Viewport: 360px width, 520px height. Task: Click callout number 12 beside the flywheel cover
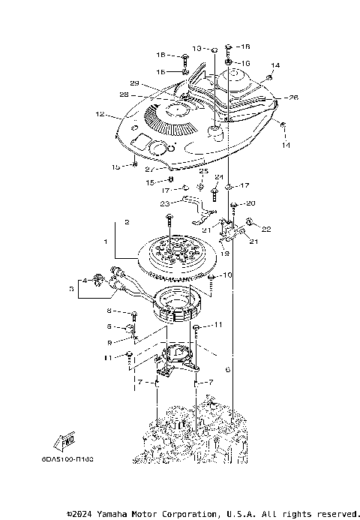(99, 115)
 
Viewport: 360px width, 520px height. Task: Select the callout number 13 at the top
(197, 48)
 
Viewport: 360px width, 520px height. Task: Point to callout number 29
(135, 83)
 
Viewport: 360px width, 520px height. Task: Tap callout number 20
(251, 203)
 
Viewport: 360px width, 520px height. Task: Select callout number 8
(109, 311)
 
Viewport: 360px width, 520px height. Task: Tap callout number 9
(109, 342)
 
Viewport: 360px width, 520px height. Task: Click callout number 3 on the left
(72, 287)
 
